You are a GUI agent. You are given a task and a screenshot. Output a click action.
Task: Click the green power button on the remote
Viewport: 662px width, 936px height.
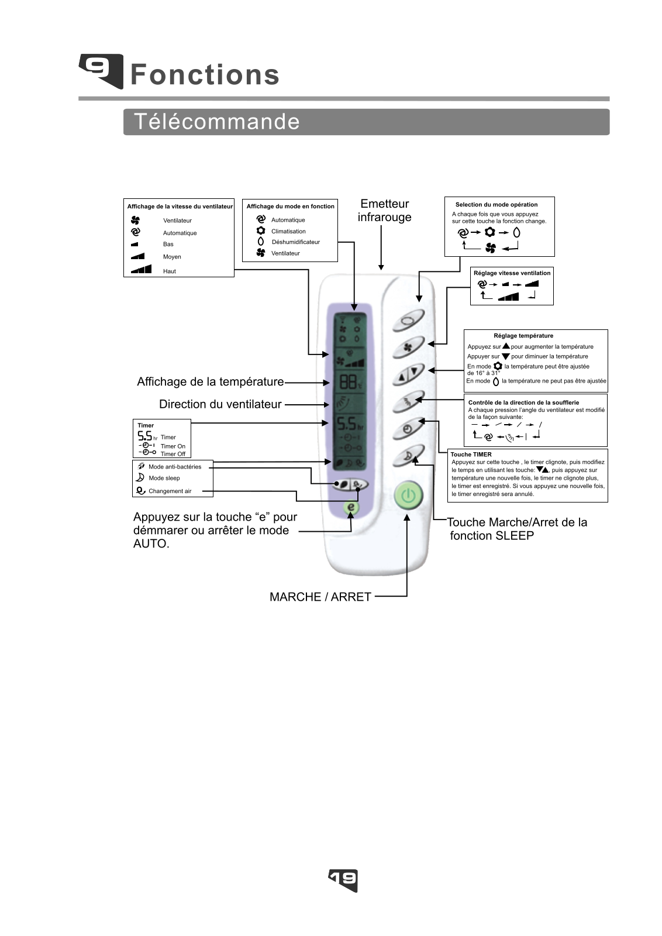click(408, 495)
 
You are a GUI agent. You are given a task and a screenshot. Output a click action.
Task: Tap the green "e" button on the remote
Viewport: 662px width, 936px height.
click(351, 507)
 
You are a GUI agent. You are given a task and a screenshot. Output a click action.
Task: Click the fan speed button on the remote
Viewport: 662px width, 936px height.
click(408, 347)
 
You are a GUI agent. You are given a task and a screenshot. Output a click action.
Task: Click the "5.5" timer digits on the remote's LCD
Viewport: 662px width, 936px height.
click(347, 424)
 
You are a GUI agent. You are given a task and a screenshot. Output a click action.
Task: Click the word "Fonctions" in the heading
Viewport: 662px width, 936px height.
click(205, 75)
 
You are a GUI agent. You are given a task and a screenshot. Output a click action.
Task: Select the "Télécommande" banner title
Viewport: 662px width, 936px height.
click(217, 122)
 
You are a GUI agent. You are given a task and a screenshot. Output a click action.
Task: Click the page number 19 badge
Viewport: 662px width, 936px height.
click(343, 880)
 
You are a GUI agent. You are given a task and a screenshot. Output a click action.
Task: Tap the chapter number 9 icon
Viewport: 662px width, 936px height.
click(101, 71)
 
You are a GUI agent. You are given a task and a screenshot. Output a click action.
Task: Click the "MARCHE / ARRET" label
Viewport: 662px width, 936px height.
click(320, 597)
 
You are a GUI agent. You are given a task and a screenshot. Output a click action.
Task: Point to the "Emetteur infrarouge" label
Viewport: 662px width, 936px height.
click(384, 210)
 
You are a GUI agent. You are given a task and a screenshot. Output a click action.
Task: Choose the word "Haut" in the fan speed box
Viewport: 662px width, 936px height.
click(169, 271)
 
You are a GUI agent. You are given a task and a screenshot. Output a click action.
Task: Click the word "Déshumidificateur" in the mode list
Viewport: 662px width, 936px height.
click(296, 242)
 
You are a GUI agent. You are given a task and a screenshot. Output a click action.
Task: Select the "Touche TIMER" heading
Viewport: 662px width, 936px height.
click(471, 454)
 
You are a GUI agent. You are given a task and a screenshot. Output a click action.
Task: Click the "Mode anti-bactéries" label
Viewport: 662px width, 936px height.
click(175, 467)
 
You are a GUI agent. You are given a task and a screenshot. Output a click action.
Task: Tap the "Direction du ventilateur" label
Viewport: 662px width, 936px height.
click(220, 404)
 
